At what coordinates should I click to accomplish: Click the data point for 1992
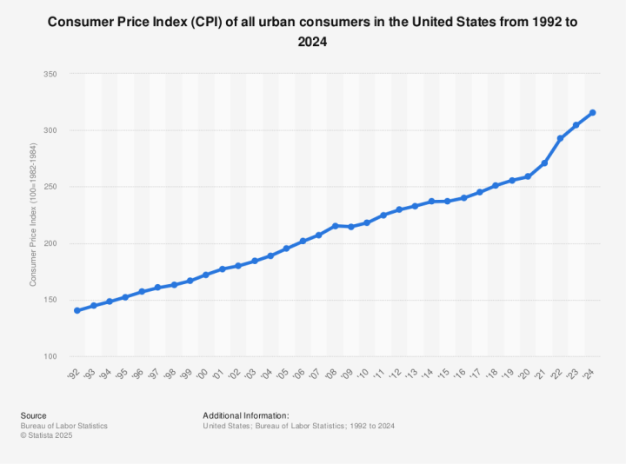(77, 310)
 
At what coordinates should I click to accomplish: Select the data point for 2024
(593, 112)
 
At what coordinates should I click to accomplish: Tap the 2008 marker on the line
(335, 226)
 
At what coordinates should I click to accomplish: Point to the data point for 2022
(561, 138)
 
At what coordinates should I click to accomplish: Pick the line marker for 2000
(206, 275)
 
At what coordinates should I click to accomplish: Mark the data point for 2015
(448, 201)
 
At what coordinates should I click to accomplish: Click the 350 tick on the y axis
(50, 75)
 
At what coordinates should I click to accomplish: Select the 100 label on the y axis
(50, 357)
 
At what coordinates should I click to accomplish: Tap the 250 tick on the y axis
(50, 188)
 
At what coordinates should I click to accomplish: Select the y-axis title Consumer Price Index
(33, 215)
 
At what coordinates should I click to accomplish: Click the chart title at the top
(313, 31)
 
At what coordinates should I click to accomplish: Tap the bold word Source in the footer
(33, 415)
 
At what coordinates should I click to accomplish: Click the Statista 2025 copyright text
(47, 435)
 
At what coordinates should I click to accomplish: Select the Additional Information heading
(245, 415)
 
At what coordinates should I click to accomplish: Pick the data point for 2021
(544, 163)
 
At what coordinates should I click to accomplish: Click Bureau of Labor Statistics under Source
(63, 426)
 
